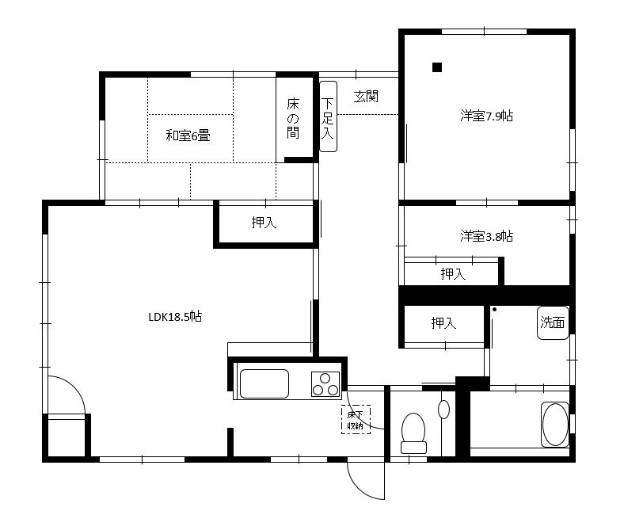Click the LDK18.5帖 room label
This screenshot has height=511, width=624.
pos(175,317)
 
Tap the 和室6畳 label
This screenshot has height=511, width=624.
pos(188,135)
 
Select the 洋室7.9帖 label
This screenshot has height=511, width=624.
pos(486,116)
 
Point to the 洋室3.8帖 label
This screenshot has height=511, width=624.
pos(486,236)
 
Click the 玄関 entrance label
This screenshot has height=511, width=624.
pos(366,97)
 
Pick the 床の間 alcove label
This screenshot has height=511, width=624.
pos(293,118)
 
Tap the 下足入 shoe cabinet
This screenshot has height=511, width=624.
pos(329,116)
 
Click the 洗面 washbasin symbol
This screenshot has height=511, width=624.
pos(553,322)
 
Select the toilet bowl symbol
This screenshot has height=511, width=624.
pos(413,433)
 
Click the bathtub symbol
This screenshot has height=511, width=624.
pos(555,424)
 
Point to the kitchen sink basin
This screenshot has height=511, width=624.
pos(264,383)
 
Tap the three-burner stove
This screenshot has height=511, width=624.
pos(325,384)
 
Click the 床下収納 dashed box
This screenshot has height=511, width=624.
pos(356,419)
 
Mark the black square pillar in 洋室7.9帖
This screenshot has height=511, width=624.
pos(437,67)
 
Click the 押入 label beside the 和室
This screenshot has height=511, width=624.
pos(264,223)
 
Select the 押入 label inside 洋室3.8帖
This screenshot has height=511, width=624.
pos(453,273)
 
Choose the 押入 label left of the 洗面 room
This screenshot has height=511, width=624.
pos(443,322)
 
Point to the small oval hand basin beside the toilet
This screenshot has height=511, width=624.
pos(443,409)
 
